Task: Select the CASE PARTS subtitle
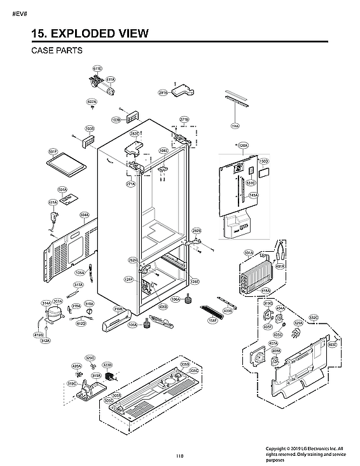pos(57,50)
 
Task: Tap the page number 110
pos(179,455)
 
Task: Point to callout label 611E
pos(97,68)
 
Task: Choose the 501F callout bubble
pos(53,152)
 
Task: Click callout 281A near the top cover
pos(163,93)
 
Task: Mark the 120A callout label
pos(242,146)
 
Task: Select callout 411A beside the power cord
pos(52,202)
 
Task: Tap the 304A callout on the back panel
pos(84,215)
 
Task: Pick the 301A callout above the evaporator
pos(249,252)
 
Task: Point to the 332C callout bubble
pos(314,317)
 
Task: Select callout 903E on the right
pos(332,345)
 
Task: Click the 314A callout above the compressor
pos(46,303)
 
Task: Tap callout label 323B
pos(107,365)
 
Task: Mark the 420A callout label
pos(76,366)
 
